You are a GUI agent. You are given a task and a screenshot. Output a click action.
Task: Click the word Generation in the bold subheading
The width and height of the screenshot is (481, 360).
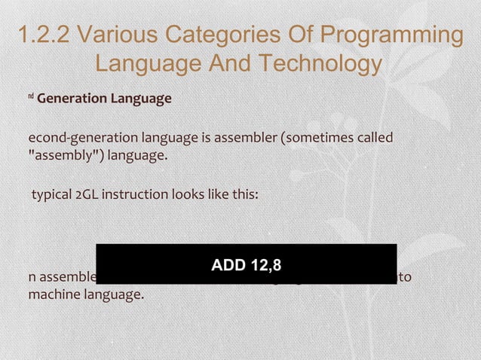[x=72, y=99]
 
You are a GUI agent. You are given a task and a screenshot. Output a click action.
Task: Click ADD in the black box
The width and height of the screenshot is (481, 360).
[x=228, y=265]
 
